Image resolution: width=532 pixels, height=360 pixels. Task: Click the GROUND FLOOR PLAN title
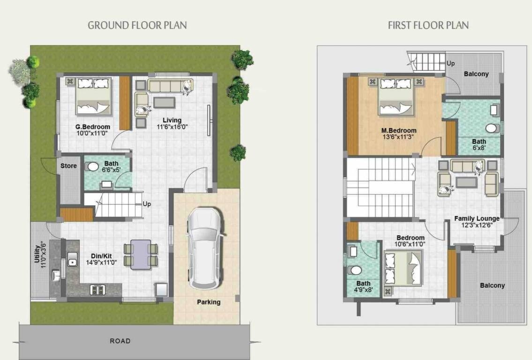point(137,25)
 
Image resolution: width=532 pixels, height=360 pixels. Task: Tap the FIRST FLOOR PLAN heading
point(428,25)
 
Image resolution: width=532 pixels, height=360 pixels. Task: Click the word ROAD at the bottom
point(120,341)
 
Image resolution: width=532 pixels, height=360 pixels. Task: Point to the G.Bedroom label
point(93,127)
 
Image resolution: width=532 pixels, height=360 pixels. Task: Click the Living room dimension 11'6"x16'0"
point(172,127)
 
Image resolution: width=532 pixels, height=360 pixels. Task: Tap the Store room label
point(68,166)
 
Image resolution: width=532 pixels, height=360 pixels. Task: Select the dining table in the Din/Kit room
point(141,255)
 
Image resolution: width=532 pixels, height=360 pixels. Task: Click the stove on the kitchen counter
point(98,290)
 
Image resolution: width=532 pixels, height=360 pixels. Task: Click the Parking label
point(209,302)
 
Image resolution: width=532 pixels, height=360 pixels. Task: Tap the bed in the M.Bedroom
point(396,97)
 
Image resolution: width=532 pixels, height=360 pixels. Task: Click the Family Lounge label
point(477,218)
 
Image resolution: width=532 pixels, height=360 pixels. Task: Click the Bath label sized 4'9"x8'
point(363,283)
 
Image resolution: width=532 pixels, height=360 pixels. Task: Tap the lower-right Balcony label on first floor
point(492,285)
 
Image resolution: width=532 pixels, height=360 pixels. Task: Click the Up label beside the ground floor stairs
point(147,204)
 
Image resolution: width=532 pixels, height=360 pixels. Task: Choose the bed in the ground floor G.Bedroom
point(94,97)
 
